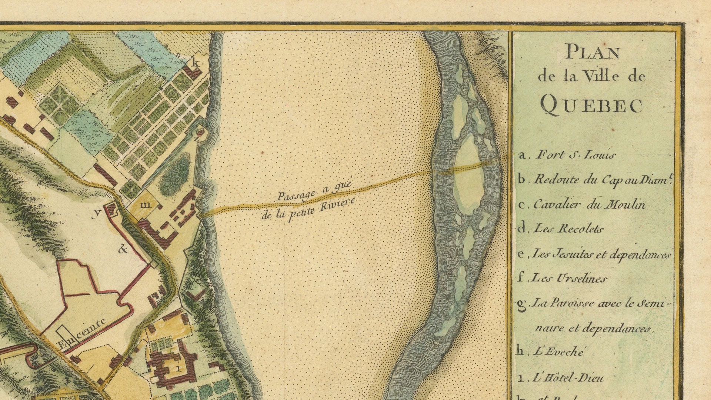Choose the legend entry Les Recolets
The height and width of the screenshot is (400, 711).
point(568,229)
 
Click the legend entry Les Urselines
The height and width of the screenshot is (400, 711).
point(569,278)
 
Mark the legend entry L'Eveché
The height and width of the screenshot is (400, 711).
point(558,351)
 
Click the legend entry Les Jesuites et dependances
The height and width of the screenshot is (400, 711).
point(601,254)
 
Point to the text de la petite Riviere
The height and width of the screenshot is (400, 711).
point(308,210)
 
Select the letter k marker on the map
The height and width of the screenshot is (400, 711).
point(196,63)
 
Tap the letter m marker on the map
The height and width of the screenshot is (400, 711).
point(147,204)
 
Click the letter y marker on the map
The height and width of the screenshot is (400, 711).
point(97,214)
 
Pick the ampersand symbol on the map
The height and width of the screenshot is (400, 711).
point(123,249)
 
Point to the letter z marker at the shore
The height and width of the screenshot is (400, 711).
point(197,139)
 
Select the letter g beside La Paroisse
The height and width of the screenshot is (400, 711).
point(521,304)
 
